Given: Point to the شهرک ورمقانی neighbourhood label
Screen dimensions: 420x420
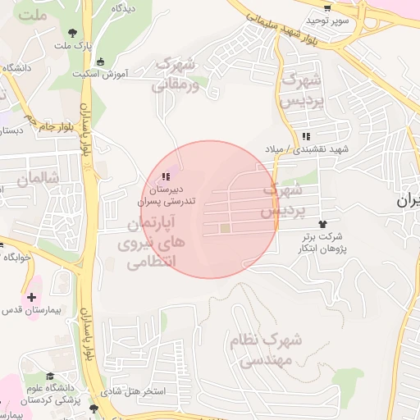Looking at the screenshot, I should (x=176, y=73).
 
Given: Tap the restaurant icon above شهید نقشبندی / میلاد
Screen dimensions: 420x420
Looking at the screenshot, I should (x=306, y=136).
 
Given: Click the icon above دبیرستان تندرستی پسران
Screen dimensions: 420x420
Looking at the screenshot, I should (x=167, y=176).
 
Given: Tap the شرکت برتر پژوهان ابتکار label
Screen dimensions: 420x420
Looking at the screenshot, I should (x=321, y=242).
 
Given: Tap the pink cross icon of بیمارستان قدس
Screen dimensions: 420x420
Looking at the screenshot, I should (x=31, y=296).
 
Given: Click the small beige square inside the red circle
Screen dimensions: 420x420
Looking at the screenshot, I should (x=225, y=228).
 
